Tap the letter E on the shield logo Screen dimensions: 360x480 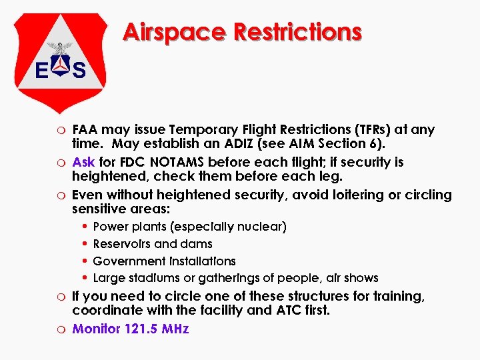(x=41, y=70)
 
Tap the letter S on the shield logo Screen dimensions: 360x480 (x=79, y=70)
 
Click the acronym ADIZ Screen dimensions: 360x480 (x=237, y=145)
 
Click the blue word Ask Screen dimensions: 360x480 (x=83, y=162)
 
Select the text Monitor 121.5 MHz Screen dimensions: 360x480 (x=131, y=329)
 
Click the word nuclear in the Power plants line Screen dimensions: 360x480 (x=262, y=227)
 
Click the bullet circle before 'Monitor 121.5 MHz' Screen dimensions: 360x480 (x=61, y=329)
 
